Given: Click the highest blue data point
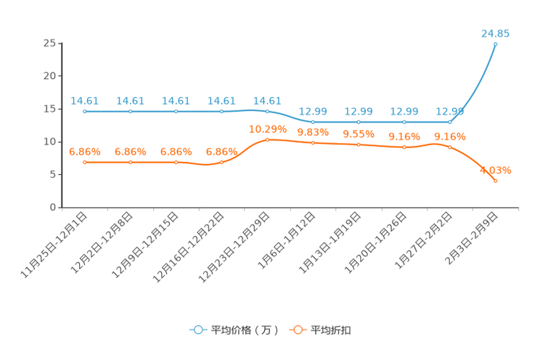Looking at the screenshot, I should point(496,44).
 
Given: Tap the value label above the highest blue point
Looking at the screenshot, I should point(496,33).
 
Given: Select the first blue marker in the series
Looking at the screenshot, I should point(85,112).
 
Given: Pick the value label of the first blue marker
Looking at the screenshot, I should point(85,101).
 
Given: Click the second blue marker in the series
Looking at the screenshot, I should point(131,112).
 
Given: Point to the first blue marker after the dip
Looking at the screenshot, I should point(313,122).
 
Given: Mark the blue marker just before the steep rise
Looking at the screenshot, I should point(450,122).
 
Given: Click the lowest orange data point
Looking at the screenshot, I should point(496,181).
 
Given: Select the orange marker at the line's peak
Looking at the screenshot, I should point(267,139).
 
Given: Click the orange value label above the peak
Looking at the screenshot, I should point(267,129).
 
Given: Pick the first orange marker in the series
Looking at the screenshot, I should point(85,162).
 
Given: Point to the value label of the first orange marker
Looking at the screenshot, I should point(85,152).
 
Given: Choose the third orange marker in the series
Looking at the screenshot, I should point(176,162).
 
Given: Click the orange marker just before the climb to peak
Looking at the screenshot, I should point(221,162).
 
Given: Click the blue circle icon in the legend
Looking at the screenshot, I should point(197,330).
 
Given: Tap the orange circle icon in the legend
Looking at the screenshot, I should point(297,330).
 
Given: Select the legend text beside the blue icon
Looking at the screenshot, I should point(245,330).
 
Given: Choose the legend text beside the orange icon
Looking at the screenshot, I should point(332,330).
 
